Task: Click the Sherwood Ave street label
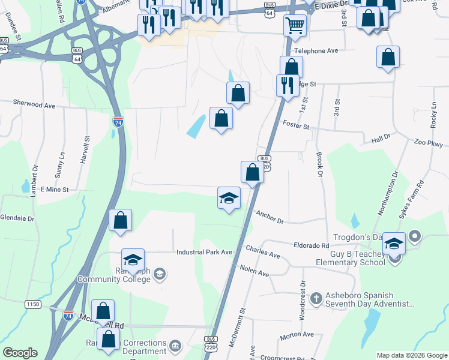tap(35, 105)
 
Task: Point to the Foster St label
tap(296, 126)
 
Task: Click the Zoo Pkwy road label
tap(428, 143)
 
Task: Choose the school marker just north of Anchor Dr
tap(229, 198)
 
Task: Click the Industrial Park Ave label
tap(204, 252)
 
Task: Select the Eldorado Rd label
tap(311, 246)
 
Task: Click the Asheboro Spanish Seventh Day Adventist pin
tap(319, 296)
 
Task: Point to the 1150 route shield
tap(33, 305)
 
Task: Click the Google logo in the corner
tap(20, 353)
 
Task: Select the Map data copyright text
tap(411, 355)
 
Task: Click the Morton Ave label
tap(297, 334)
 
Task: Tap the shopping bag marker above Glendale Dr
tap(121, 220)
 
